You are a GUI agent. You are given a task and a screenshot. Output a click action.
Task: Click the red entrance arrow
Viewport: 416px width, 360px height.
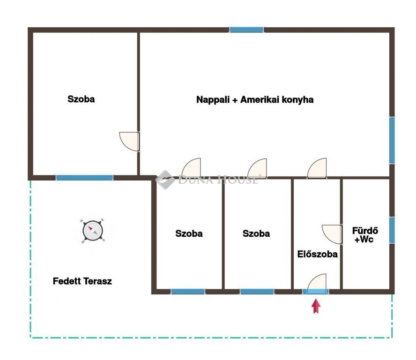(316, 306)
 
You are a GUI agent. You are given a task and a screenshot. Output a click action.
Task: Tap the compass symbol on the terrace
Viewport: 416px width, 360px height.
(93, 231)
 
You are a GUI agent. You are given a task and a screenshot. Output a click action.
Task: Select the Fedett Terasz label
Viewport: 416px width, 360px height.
(82, 281)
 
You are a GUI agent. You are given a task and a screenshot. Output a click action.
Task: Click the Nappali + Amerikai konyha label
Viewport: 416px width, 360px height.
(255, 100)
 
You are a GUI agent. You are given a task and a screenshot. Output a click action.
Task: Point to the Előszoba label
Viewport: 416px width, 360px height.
(317, 254)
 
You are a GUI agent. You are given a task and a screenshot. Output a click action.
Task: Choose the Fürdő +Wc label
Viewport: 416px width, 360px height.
(365, 235)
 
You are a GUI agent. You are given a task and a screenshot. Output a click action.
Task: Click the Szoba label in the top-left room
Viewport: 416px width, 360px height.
(81, 99)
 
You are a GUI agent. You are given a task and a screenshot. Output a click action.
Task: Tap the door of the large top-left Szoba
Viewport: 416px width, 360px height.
(129, 142)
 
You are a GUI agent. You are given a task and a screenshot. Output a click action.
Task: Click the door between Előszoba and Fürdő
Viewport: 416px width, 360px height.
(332, 234)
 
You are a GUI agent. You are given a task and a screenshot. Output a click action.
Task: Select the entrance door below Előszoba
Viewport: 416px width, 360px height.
(317, 284)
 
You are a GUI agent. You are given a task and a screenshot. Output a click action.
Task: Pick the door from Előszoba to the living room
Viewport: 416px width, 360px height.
(317, 168)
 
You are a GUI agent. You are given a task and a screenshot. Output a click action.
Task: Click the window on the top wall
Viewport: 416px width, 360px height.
(246, 30)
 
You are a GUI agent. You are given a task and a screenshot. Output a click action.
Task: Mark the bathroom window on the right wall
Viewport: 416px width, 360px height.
(392, 230)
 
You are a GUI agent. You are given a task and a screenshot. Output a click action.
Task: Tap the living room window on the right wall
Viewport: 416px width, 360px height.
(392, 140)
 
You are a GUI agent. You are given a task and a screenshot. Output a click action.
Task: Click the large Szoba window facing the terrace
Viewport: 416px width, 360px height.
(85, 178)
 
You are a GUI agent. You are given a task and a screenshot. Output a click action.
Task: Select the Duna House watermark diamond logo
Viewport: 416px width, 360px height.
(165, 180)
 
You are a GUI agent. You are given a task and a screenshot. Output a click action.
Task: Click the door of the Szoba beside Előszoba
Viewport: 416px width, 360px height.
(257, 168)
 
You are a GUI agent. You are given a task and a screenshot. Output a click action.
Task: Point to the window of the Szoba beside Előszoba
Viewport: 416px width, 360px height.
(257, 292)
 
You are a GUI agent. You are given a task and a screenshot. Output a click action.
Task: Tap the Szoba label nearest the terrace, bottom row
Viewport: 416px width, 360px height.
(189, 233)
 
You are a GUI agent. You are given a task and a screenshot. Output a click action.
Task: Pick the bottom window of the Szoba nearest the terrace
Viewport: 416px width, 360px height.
(188, 292)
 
